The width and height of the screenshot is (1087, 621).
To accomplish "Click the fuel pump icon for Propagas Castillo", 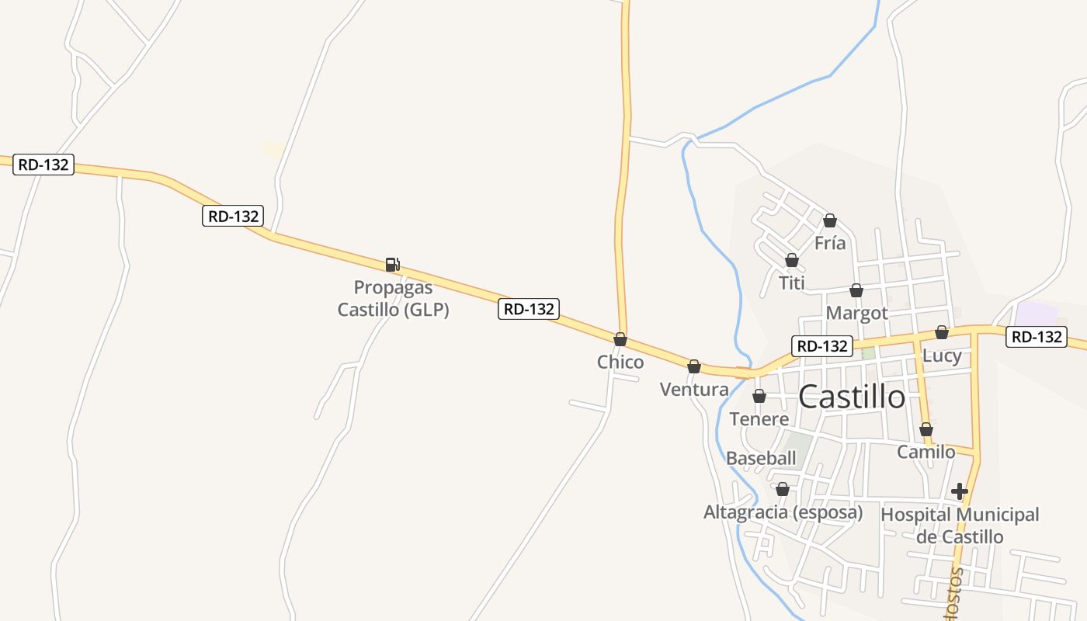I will [393, 265].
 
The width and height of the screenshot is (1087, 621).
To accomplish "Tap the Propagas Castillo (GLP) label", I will [393, 299].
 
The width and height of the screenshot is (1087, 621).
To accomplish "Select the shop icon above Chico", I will [620, 339].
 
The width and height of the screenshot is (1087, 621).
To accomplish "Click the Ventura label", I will [694, 390].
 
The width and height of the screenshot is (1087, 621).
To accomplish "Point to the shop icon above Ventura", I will [694, 366].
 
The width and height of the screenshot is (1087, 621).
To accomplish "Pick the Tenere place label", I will [759, 419].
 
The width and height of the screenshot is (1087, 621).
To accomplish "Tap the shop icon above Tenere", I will [759, 396].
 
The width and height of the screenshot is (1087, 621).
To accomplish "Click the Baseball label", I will [761, 458].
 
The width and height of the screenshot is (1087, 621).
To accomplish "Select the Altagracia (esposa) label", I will [783, 512].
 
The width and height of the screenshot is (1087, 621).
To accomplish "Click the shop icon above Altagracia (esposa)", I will [783, 489].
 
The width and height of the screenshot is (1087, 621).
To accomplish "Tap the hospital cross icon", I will [960, 491].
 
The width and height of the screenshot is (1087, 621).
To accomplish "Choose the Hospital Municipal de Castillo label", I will [960, 526].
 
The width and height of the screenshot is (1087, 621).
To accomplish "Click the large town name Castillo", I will [852, 397].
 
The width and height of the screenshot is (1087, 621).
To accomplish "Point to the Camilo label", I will [926, 452].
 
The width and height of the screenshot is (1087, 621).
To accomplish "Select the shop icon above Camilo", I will [926, 429].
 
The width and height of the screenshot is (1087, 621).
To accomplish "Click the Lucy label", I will [942, 356].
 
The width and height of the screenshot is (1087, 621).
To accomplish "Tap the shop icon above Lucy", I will [942, 332].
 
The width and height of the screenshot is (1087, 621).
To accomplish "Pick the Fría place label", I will [830, 244].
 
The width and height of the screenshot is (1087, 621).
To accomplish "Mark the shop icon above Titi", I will [792, 260].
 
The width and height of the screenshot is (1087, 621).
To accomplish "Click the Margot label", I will [856, 314].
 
